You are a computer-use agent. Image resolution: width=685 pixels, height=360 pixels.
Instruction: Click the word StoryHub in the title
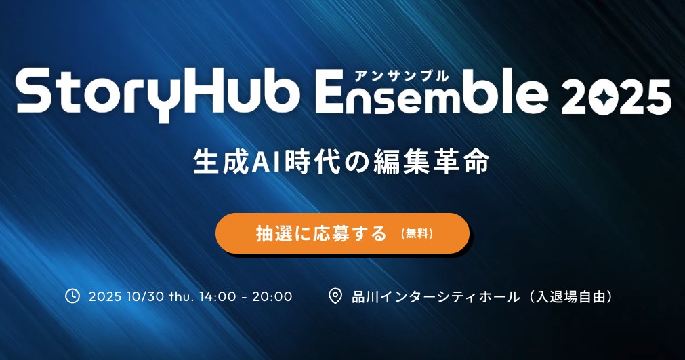pos(158,95)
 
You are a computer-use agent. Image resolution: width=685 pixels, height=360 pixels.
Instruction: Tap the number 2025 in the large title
pos(616,97)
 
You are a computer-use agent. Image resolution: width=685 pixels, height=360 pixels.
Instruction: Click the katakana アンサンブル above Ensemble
pos(402,75)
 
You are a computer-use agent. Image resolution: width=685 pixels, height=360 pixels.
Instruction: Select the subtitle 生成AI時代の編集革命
pos(341,162)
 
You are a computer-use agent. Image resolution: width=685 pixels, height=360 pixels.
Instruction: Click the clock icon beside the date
pos(72,296)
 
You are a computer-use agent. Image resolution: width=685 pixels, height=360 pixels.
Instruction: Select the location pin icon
pos(335,296)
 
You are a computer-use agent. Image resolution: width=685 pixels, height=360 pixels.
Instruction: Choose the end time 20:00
pos(272,297)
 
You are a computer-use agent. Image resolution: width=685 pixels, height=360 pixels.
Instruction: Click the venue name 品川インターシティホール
pos(436,297)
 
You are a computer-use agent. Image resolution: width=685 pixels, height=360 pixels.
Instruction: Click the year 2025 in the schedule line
pos(105,297)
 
